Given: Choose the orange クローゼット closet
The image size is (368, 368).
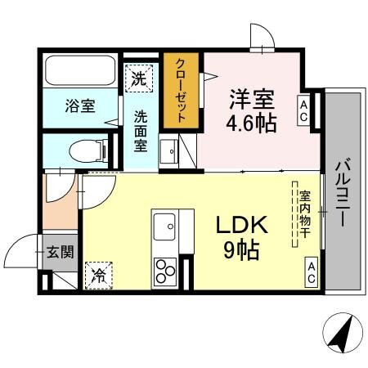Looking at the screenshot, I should [x=182, y=90].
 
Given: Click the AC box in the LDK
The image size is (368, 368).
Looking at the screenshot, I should [x=312, y=270].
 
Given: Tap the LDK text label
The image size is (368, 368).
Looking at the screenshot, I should [x=237, y=224].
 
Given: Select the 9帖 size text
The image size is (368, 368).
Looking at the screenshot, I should [x=238, y=249].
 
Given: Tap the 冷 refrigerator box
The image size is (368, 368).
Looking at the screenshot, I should [x=99, y=275].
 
